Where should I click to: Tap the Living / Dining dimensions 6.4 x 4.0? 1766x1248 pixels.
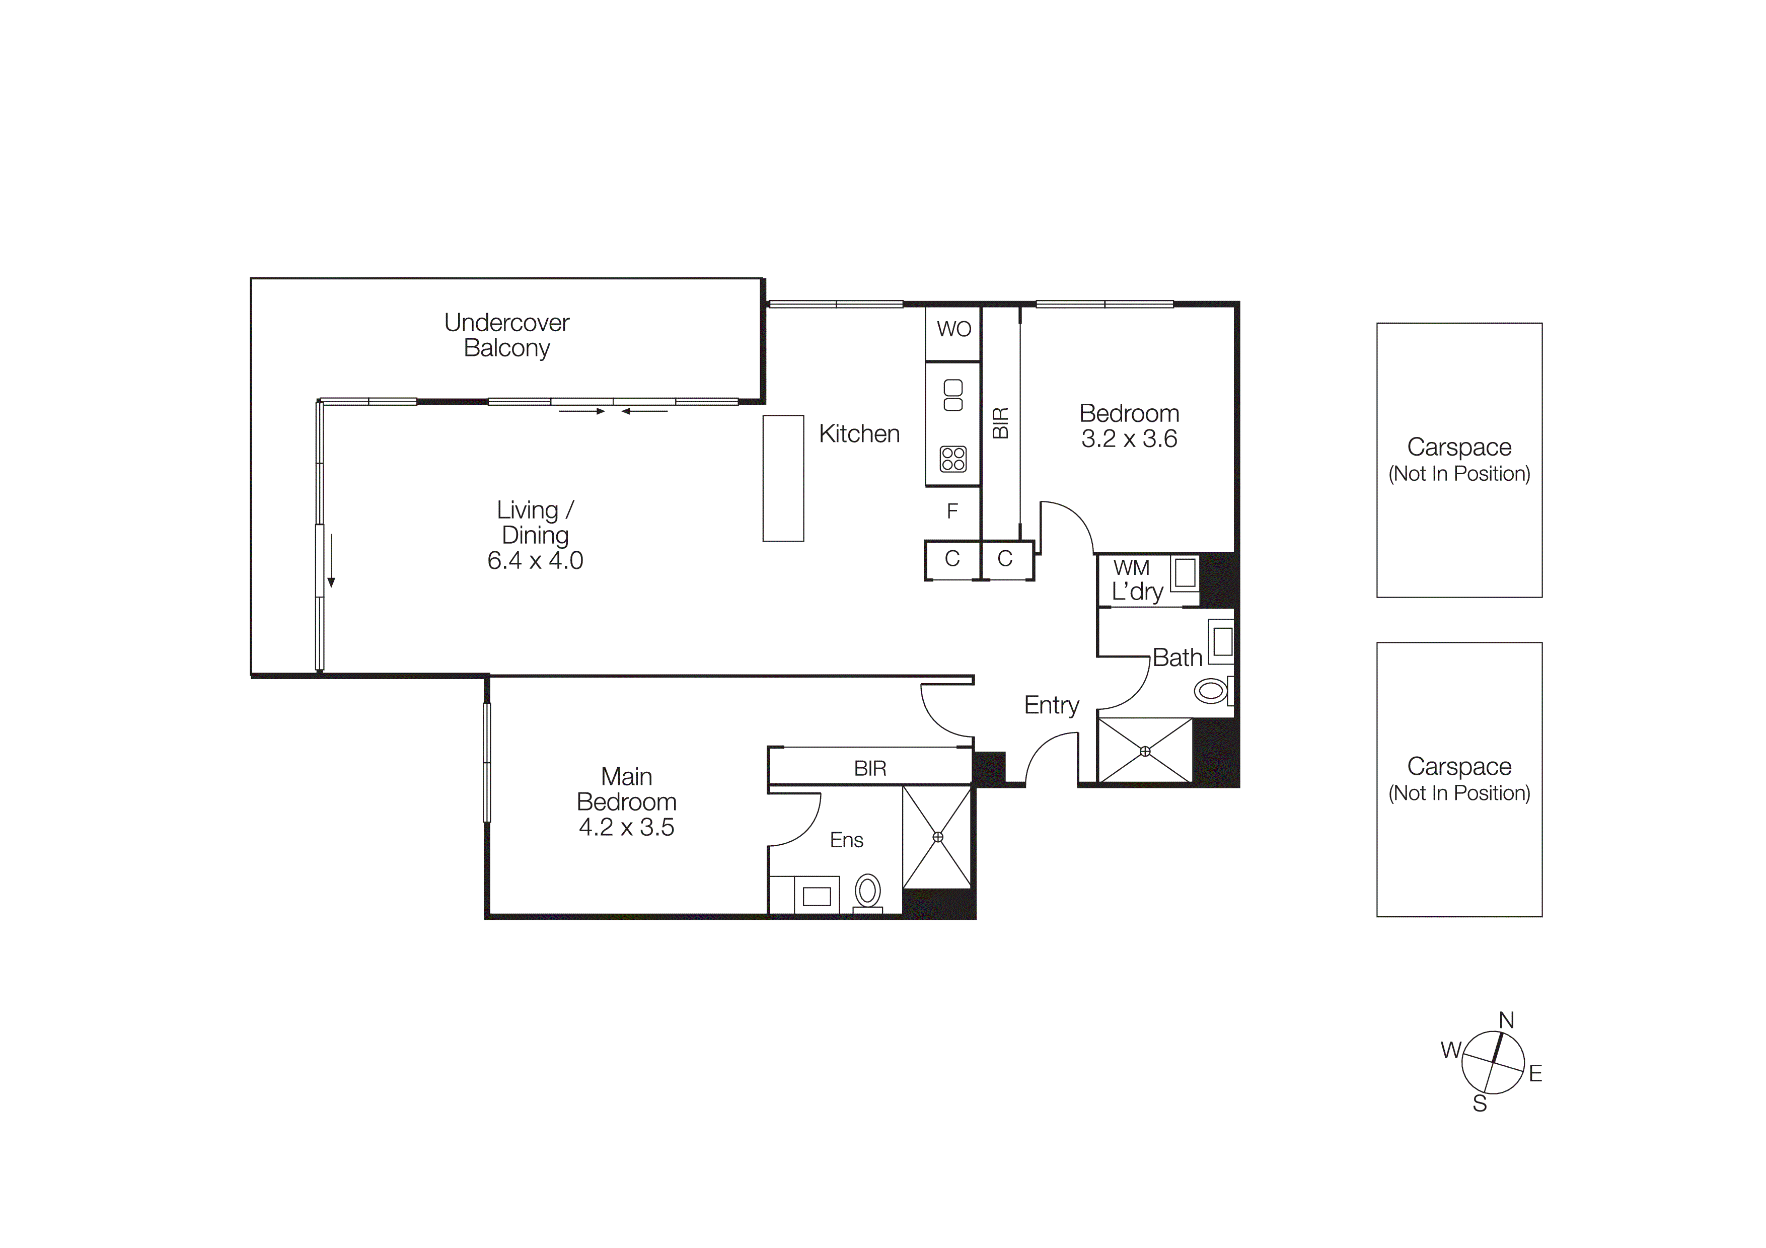point(535,560)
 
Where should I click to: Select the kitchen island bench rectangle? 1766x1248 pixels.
point(783,478)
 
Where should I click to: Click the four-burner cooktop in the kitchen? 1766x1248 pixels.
point(952,460)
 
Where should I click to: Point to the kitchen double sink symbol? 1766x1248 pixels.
point(952,395)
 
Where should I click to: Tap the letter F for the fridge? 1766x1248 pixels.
point(952,511)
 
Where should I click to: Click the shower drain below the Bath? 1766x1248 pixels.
point(1144,751)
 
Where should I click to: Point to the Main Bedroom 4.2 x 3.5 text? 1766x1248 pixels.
point(626,828)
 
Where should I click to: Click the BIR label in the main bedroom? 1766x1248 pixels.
point(870,768)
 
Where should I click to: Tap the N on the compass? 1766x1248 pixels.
point(1506,1020)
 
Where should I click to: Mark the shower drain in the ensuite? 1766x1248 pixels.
point(937,837)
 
